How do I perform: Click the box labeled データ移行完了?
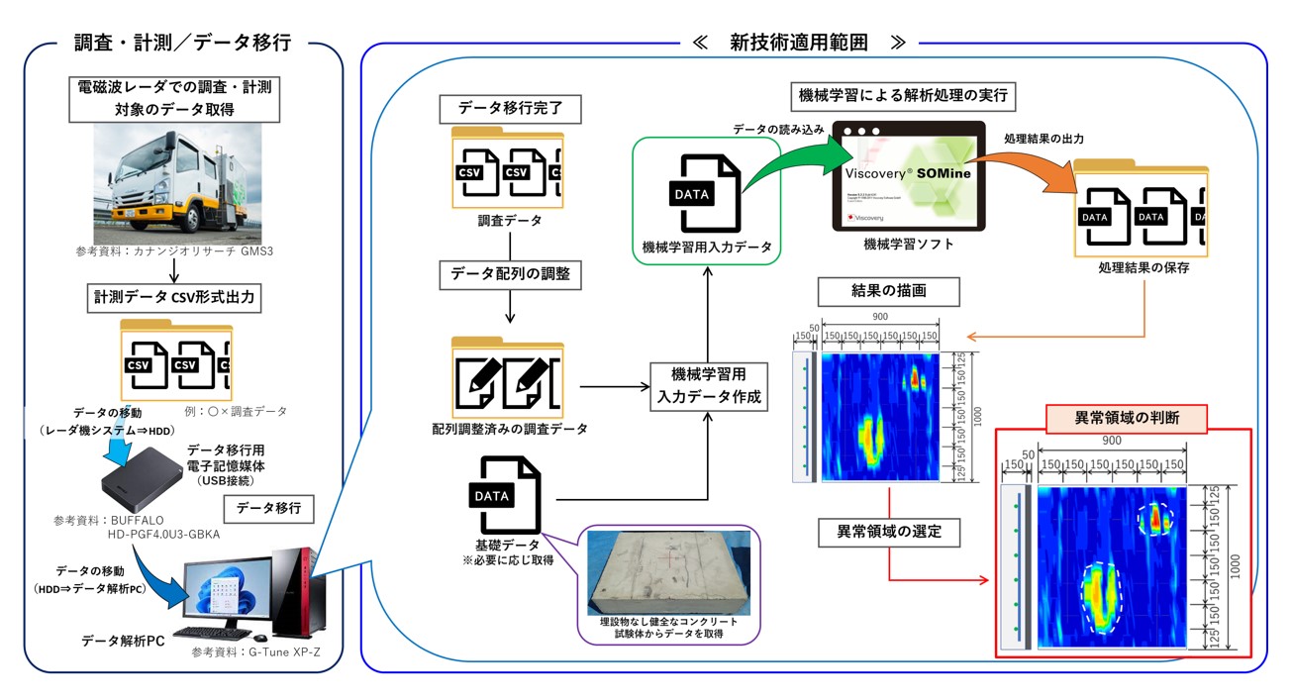pyautogui.click(x=506, y=107)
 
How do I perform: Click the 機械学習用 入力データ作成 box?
pyautogui.click(x=708, y=386)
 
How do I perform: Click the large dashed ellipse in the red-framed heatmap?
pyautogui.click(x=1100, y=597)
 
